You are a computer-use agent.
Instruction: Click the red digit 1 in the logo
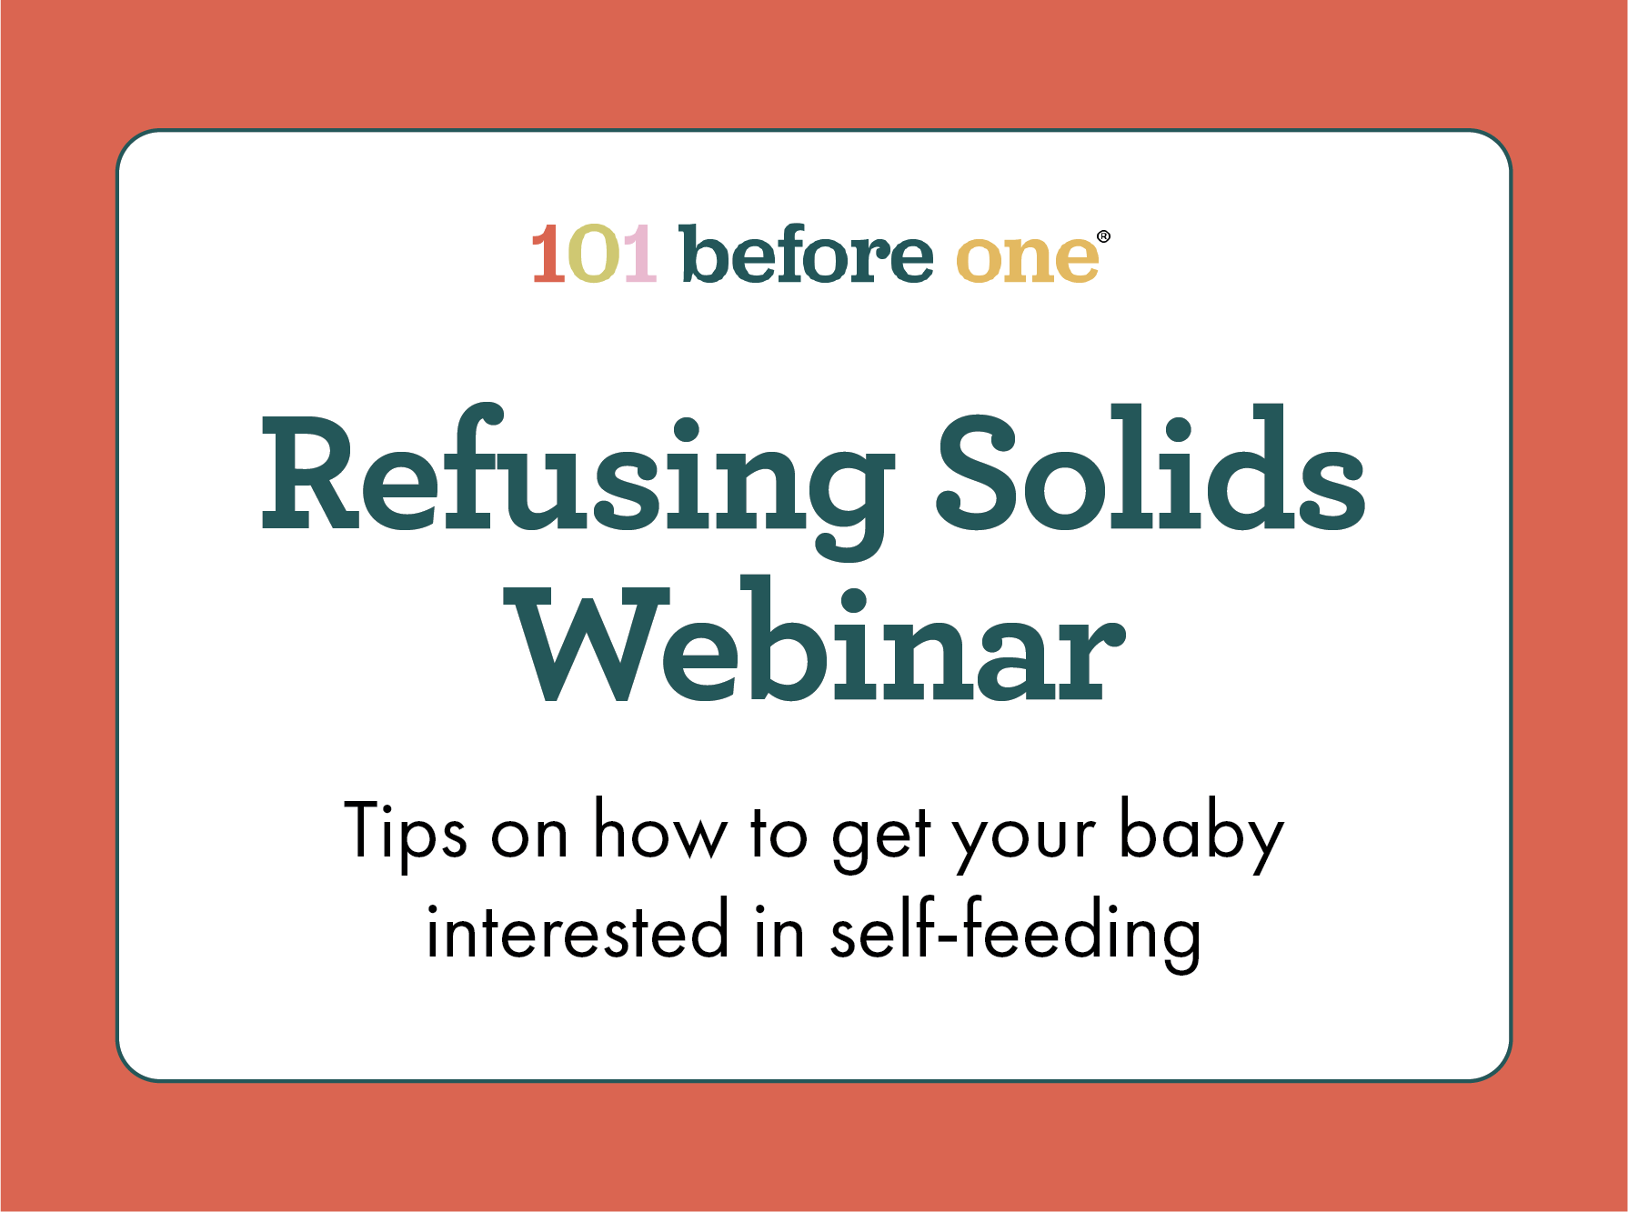[x=549, y=254]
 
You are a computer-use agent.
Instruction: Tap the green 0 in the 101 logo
[x=594, y=254]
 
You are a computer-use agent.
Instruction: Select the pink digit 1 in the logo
[x=639, y=254]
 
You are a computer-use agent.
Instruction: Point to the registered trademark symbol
[x=1103, y=236]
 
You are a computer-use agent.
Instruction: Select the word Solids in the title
[x=1151, y=467]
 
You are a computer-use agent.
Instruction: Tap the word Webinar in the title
[x=816, y=640]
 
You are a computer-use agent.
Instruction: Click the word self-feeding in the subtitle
[x=1015, y=934]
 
